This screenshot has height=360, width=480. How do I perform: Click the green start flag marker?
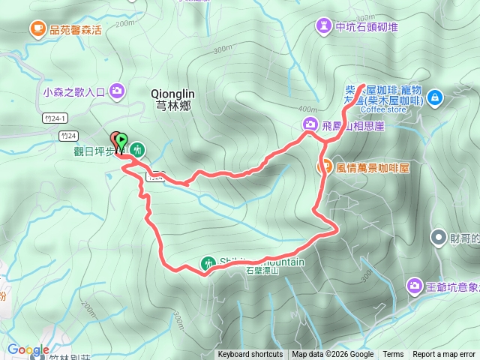(122, 140)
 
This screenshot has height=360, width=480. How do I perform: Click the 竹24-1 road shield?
(55, 118)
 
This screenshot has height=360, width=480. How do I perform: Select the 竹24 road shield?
(67, 136)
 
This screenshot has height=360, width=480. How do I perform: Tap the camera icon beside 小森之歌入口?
(117, 91)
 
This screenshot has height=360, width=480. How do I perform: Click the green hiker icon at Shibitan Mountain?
(208, 263)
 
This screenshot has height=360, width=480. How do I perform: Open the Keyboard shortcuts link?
(250, 355)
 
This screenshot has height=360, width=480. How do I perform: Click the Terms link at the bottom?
(393, 355)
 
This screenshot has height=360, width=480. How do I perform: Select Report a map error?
(445, 355)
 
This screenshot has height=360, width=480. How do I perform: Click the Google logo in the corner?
(28, 349)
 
